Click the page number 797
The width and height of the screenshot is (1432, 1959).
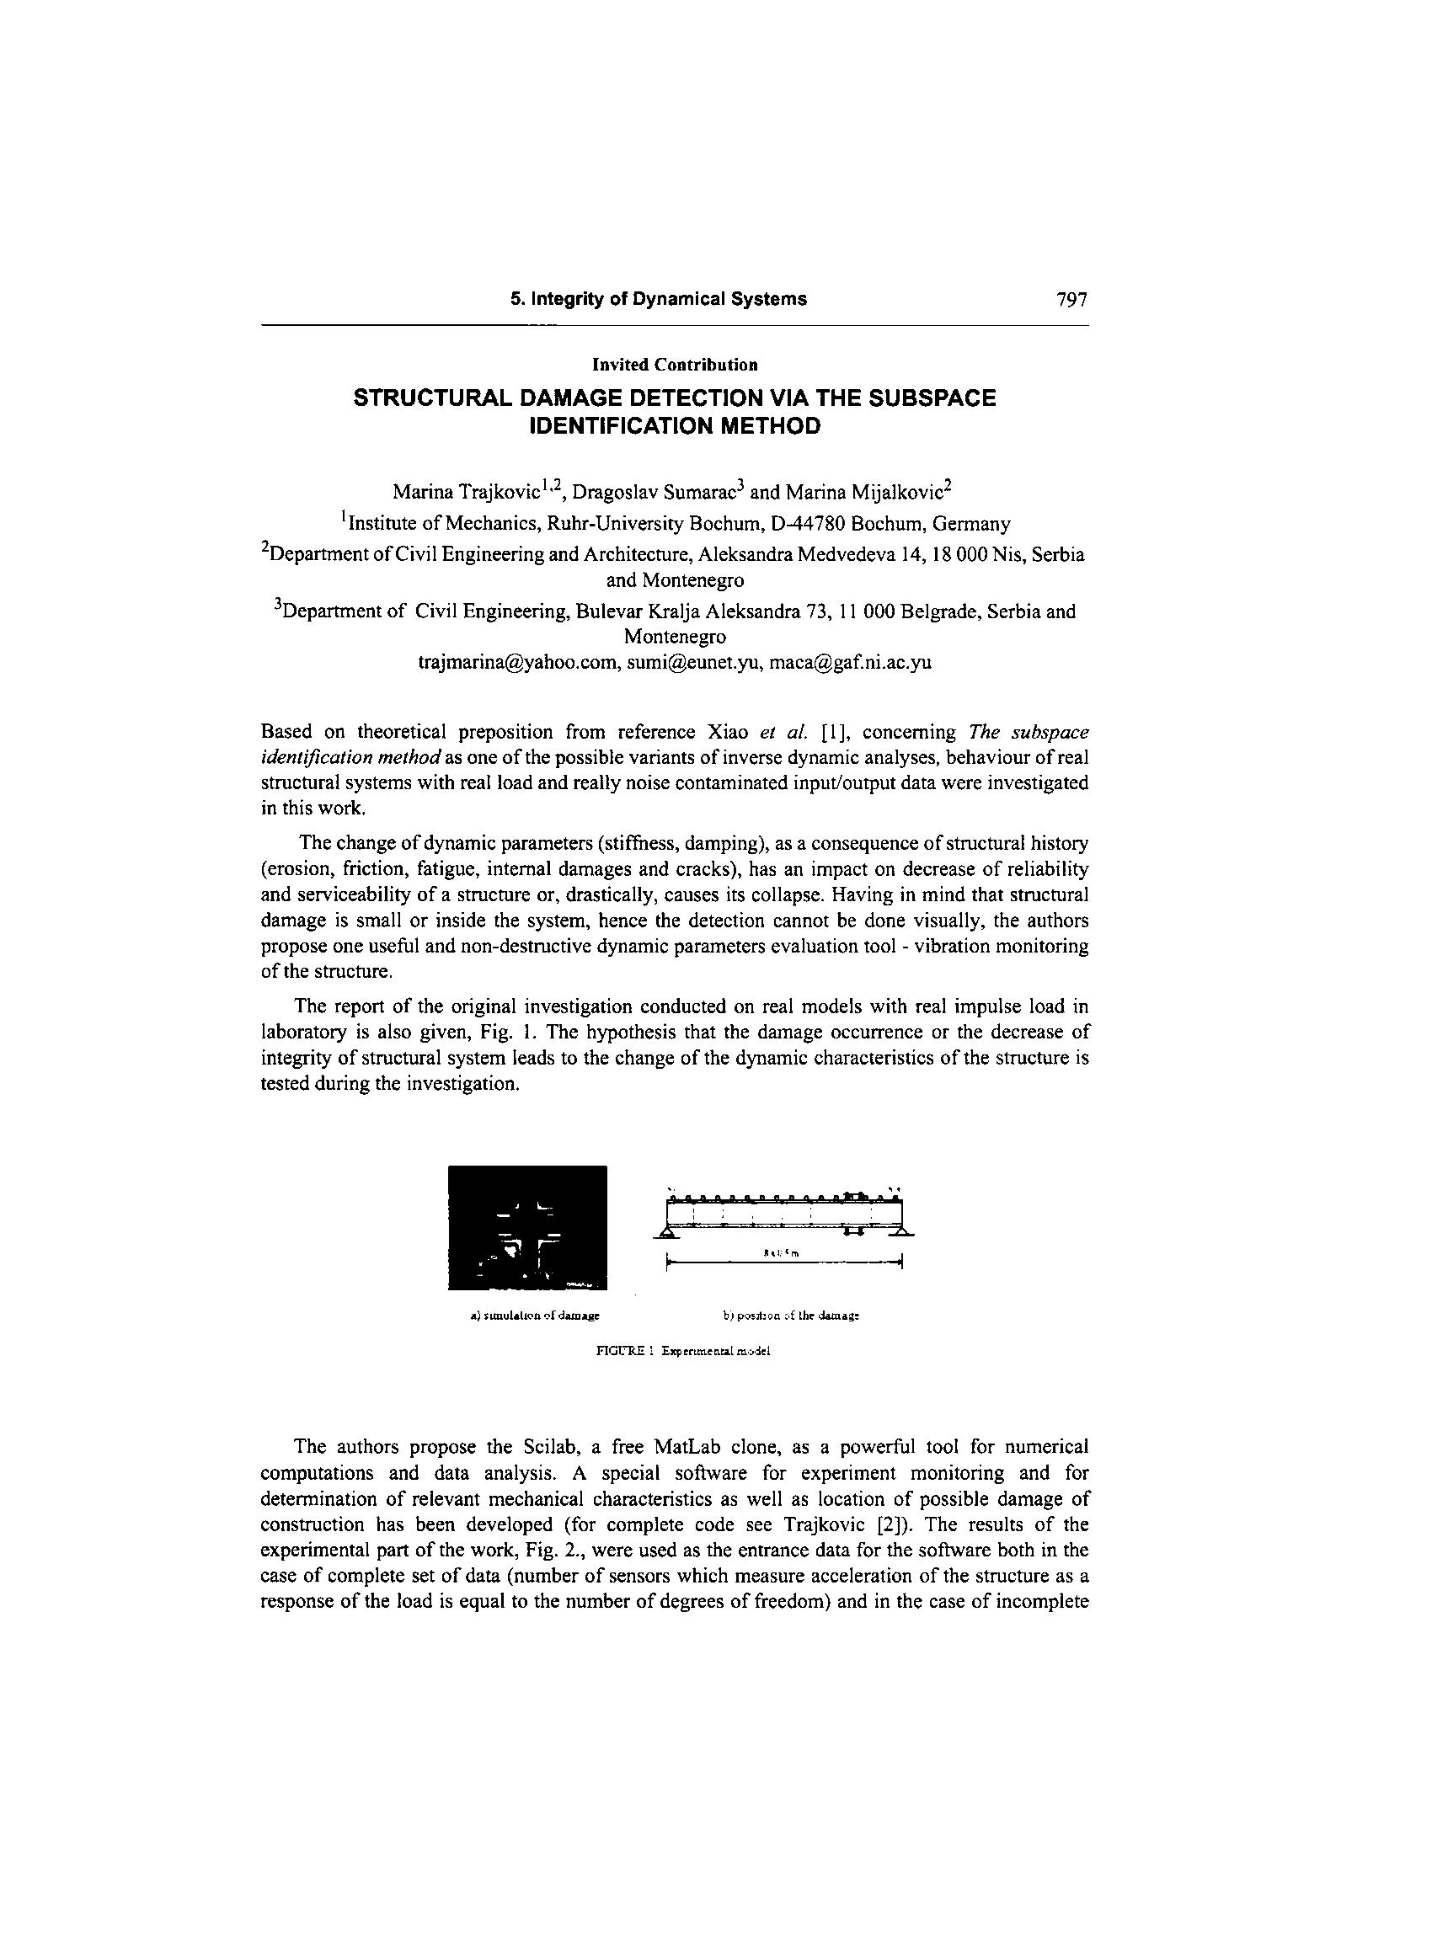coord(1071,300)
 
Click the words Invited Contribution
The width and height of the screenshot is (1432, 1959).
coord(676,365)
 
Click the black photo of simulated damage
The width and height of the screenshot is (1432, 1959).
coord(527,1228)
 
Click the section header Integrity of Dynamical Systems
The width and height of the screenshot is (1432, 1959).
coord(658,300)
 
